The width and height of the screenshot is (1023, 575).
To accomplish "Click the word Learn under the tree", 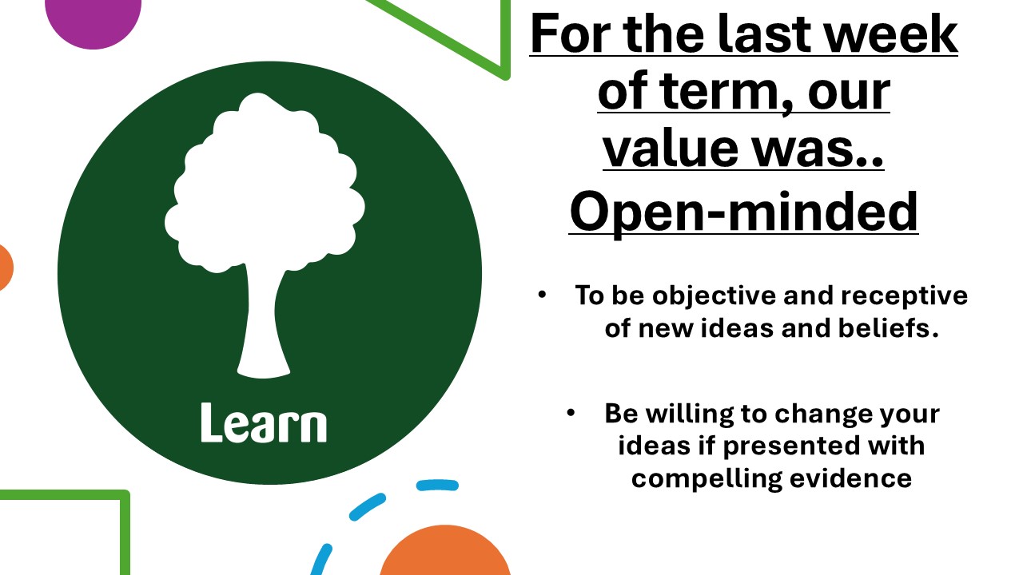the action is coord(264,422).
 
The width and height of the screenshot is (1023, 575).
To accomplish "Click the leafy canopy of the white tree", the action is coord(265,183).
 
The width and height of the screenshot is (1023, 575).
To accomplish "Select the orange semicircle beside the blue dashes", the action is coord(445,551).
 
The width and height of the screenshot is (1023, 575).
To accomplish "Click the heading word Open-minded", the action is coord(743,212).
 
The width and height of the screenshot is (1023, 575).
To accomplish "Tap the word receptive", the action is coord(904,296).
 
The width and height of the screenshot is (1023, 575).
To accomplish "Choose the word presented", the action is coord(792,446).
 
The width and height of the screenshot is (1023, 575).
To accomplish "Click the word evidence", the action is coord(851,478).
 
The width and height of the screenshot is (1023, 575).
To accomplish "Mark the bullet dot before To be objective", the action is coord(542,295).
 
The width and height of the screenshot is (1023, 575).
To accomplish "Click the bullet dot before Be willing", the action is coord(571,413).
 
